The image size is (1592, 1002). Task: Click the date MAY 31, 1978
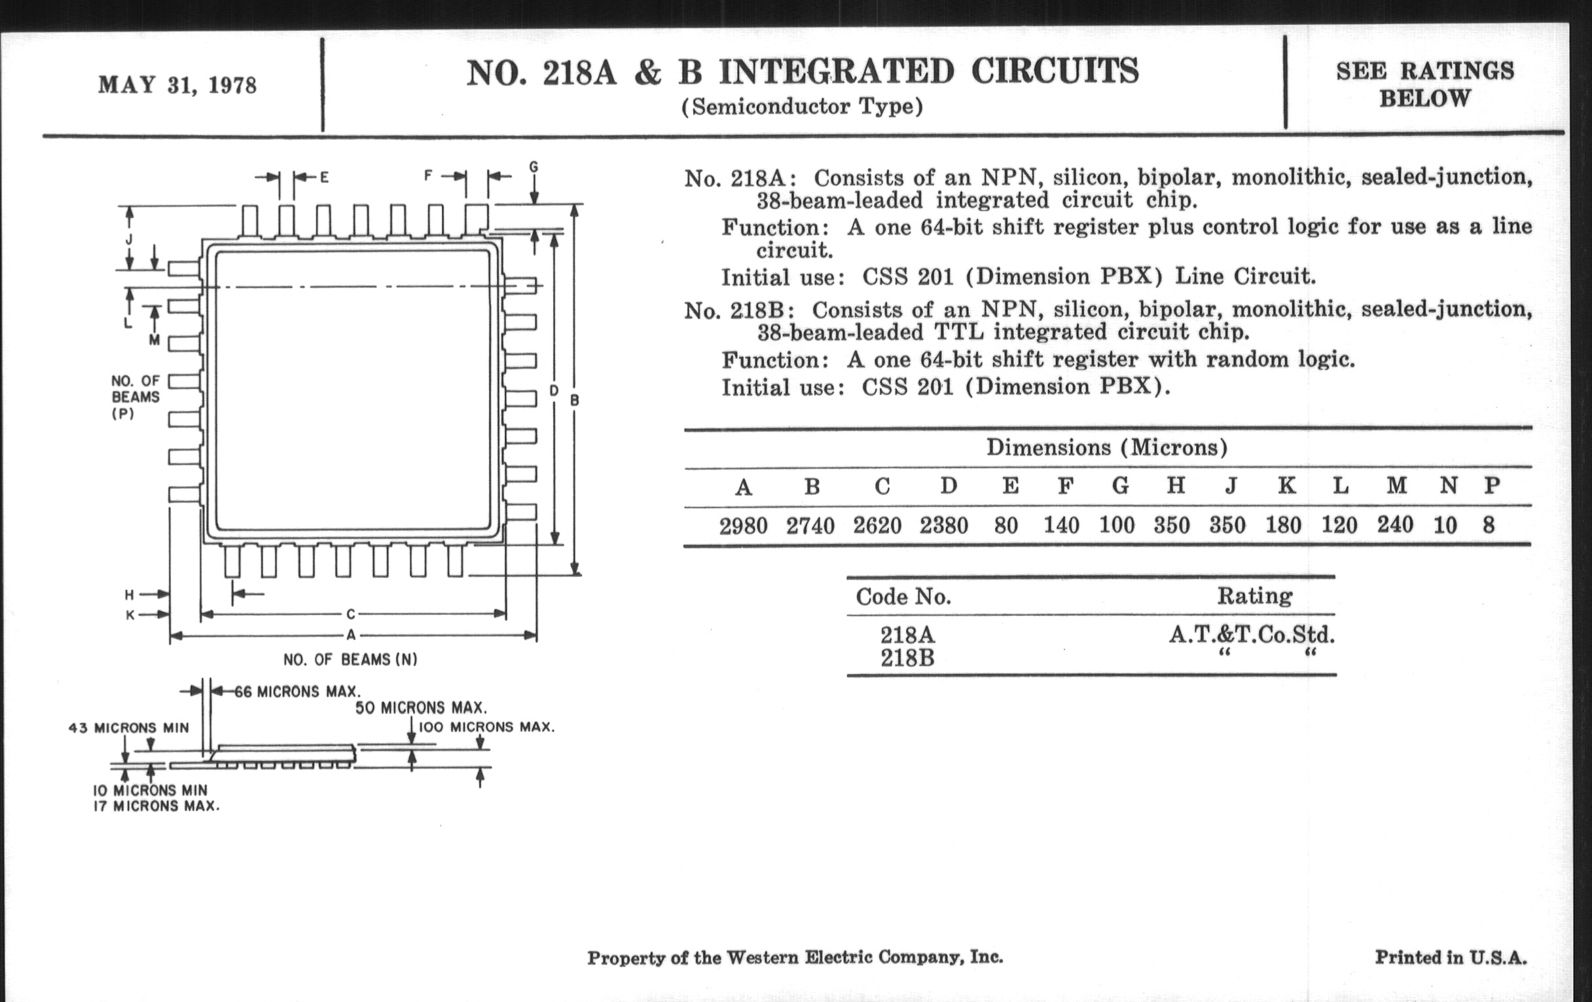pyautogui.click(x=177, y=85)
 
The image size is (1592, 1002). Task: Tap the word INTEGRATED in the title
pyautogui.click(x=837, y=72)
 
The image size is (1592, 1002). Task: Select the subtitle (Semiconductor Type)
pyautogui.click(x=801, y=107)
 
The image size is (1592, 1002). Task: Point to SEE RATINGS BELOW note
pyautogui.click(x=1424, y=84)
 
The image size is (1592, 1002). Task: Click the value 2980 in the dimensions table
pyautogui.click(x=743, y=526)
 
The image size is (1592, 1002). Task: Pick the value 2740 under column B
pyautogui.click(x=810, y=526)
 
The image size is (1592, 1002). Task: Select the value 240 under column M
pyautogui.click(x=1395, y=525)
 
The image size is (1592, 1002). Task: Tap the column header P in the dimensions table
pyautogui.click(x=1491, y=486)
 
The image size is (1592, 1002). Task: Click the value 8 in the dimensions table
pyautogui.click(x=1488, y=525)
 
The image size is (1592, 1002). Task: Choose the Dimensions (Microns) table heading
pyautogui.click(x=1107, y=448)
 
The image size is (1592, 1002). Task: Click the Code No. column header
pyautogui.click(x=903, y=597)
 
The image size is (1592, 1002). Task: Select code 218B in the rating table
pyautogui.click(x=907, y=659)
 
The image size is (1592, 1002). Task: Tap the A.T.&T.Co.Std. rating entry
pyautogui.click(x=1252, y=635)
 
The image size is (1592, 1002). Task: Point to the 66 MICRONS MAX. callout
pyautogui.click(x=297, y=692)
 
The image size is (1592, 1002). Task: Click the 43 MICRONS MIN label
pyautogui.click(x=128, y=728)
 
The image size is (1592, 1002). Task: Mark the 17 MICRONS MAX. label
pyautogui.click(x=156, y=806)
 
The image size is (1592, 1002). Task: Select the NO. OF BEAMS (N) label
pyautogui.click(x=350, y=659)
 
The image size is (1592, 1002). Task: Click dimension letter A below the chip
pyautogui.click(x=351, y=636)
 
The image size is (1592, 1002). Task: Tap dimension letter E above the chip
pyautogui.click(x=325, y=177)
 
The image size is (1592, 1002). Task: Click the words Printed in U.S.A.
pyautogui.click(x=1451, y=957)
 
